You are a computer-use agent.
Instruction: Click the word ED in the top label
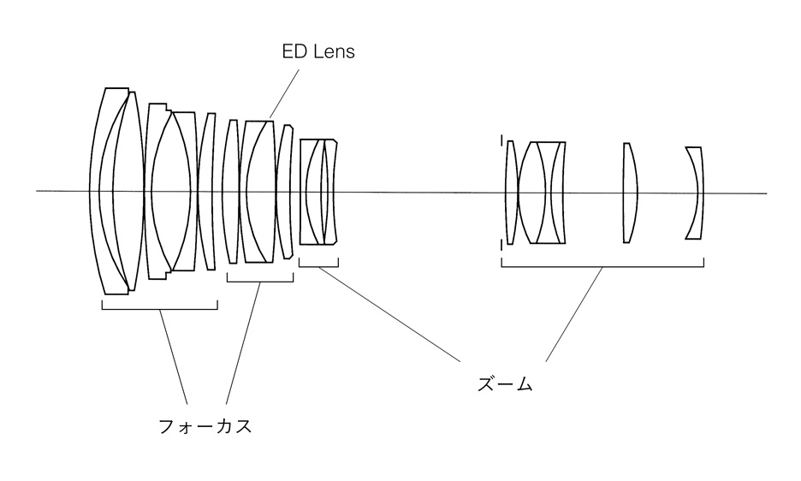point(294,52)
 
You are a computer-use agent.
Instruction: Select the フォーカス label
point(205,425)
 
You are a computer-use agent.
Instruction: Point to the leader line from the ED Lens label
point(286,92)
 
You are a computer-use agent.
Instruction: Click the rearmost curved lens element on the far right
point(696,193)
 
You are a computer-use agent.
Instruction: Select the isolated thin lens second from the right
point(629,193)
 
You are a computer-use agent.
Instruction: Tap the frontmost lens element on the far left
point(96,190)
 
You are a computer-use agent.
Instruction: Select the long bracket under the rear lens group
point(602,266)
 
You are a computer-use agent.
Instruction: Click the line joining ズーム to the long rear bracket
point(573,312)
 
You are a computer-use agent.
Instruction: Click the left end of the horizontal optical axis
point(39,190)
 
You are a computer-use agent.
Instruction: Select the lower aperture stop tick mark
point(502,246)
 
